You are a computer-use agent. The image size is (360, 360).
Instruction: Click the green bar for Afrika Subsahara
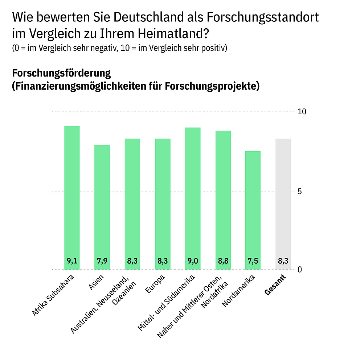[72, 196]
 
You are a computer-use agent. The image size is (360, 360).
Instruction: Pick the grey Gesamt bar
[283, 203]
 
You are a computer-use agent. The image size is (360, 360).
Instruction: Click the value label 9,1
[72, 261]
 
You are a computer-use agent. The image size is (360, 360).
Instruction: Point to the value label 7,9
[102, 261]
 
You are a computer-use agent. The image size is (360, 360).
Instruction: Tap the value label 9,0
[193, 261]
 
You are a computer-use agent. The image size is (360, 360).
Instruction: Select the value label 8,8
[223, 261]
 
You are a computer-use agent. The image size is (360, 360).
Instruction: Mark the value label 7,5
[253, 261]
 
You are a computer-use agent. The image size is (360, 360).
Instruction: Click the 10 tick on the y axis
[302, 112]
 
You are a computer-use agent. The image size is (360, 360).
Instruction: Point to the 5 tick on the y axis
[300, 192]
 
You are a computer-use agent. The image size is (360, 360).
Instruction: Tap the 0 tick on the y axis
[300, 270]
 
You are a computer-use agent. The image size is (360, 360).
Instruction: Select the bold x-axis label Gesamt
[275, 285]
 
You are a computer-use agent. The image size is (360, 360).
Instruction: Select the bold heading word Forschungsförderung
[61, 73]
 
